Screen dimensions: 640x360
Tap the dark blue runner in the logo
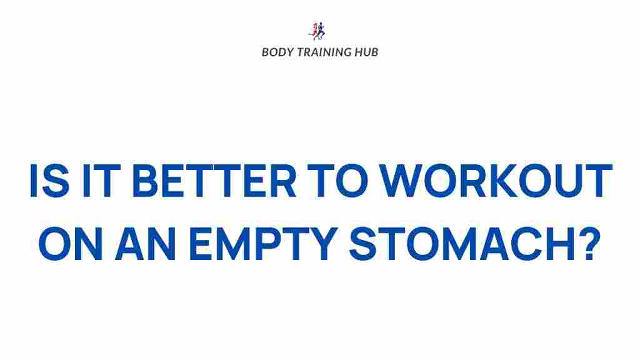coord(321,31)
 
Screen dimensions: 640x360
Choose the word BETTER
coord(215,181)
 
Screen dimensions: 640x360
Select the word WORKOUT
coord(496,181)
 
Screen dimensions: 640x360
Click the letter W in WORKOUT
coord(401,181)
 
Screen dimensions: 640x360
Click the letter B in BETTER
coord(146,181)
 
